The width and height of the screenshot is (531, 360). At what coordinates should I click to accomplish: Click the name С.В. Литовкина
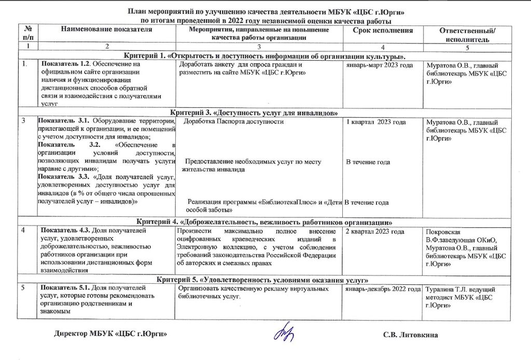tap(410, 335)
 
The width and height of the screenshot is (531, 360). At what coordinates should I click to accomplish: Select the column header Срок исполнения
tap(383, 31)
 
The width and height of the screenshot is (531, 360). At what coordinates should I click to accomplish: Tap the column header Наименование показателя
tap(107, 30)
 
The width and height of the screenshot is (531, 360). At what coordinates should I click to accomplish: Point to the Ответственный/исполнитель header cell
tap(467, 35)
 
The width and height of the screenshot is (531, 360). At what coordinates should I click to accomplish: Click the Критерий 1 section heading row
tap(264, 56)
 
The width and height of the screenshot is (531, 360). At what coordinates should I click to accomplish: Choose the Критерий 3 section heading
tap(264, 113)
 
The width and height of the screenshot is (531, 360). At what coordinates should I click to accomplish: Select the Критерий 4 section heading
tap(264, 223)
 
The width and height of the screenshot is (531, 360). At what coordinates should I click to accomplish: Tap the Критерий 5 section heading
tap(264, 279)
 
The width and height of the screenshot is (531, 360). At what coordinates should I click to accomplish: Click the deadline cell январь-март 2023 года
tap(380, 65)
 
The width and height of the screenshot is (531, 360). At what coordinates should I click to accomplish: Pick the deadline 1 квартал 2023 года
tap(376, 122)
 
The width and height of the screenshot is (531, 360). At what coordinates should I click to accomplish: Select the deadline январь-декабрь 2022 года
tap(383, 288)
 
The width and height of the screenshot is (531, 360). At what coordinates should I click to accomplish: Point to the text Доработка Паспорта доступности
tap(234, 122)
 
